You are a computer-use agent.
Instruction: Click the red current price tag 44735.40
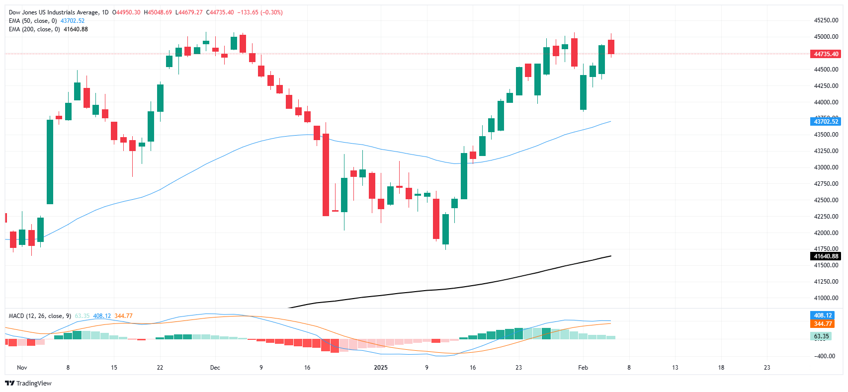tap(825, 54)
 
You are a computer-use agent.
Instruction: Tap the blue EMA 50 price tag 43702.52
tap(825, 122)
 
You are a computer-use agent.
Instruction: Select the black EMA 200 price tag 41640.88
tap(825, 256)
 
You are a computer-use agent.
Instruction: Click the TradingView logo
tap(28, 383)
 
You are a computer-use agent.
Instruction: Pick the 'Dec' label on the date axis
tap(215, 368)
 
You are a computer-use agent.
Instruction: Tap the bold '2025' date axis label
tap(381, 368)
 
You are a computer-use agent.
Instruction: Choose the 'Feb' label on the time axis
tap(583, 368)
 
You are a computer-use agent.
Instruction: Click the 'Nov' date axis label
tap(22, 368)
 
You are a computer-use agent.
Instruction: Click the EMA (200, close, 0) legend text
tap(34, 29)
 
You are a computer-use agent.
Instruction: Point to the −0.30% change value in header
tap(272, 12)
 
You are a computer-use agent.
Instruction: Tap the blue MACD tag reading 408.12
tap(823, 315)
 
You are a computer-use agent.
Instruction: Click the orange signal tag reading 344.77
tap(823, 324)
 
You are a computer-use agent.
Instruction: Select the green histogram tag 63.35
tap(821, 336)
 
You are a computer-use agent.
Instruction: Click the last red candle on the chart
tap(611, 47)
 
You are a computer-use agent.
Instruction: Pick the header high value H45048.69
tap(158, 12)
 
